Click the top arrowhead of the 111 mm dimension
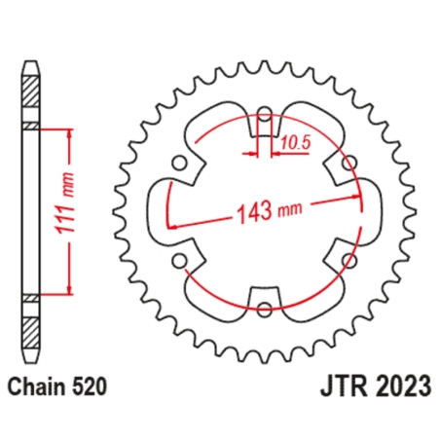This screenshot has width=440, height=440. (69, 133)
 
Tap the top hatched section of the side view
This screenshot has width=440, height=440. (31, 96)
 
